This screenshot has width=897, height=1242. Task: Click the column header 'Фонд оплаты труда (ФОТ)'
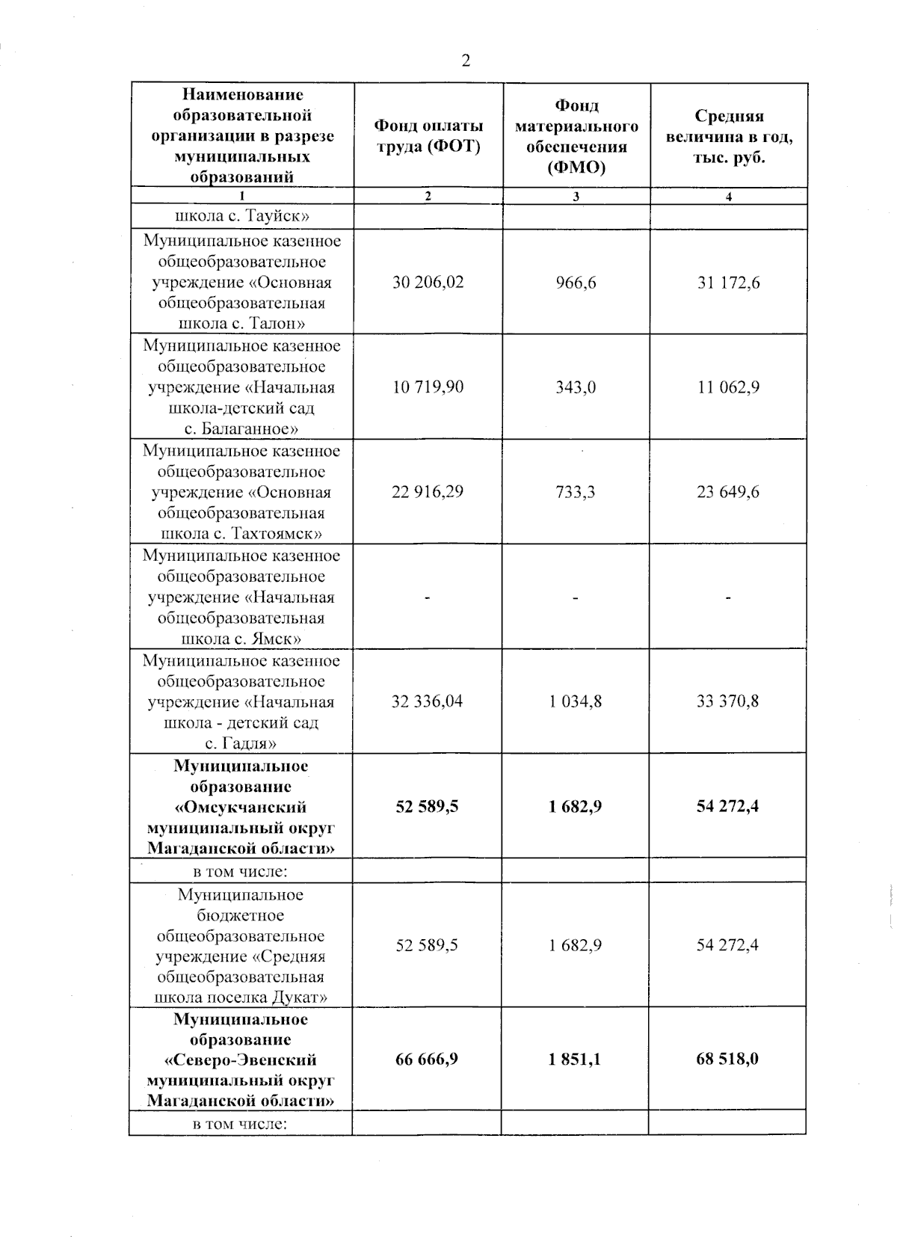428,135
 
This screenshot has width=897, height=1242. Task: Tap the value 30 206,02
428,283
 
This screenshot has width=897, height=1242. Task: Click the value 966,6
576,283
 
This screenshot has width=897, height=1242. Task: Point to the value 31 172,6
728,283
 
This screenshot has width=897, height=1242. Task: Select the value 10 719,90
428,387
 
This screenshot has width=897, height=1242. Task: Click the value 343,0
576,387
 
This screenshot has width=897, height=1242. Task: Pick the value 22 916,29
428,492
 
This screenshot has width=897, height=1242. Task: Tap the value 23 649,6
728,492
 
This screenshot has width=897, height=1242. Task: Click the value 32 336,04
428,701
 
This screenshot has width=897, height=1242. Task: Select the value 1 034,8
576,701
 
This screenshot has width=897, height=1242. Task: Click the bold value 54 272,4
728,806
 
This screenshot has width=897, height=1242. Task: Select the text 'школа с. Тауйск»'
241,217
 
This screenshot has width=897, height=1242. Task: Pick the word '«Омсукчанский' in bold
241,808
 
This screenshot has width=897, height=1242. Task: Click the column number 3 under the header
576,197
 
